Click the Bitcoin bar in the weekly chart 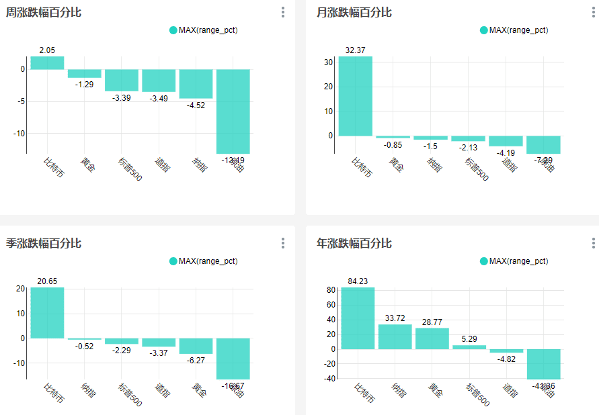47,62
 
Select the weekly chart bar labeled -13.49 233,111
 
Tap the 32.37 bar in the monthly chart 355,96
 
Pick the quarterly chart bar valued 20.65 47,312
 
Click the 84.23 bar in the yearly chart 358,318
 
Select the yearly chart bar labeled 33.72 395,336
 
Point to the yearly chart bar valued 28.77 432,338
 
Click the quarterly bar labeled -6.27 196,345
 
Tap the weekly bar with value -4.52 196,83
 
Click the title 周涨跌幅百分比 44,12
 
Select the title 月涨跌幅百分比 354,12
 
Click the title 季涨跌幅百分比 44,242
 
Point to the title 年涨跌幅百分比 354,242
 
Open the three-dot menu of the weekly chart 283,12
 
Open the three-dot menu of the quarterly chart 283,242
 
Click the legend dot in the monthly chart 484,30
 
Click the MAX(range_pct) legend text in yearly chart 518,261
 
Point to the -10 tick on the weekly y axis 18,133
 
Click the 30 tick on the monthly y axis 329,62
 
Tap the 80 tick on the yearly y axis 331,290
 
